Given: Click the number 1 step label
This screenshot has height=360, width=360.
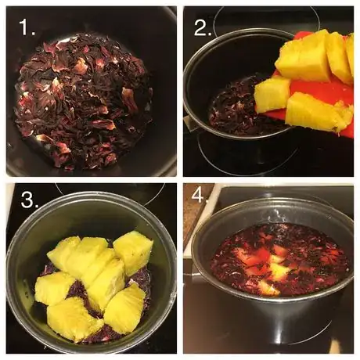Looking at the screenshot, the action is pyautogui.click(x=27, y=27).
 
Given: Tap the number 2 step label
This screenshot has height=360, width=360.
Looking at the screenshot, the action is pyautogui.click(x=203, y=27).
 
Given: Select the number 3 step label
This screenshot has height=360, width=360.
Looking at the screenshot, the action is pyautogui.click(x=29, y=200).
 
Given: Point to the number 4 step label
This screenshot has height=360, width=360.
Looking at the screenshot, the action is pyautogui.click(x=200, y=195).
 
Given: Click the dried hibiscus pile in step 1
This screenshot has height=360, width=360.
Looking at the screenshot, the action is pyautogui.click(x=84, y=102).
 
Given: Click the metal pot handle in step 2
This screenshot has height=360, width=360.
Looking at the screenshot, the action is pyautogui.click(x=190, y=124).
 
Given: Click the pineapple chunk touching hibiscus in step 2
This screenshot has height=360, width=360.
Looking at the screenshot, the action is pyautogui.click(x=272, y=95).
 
